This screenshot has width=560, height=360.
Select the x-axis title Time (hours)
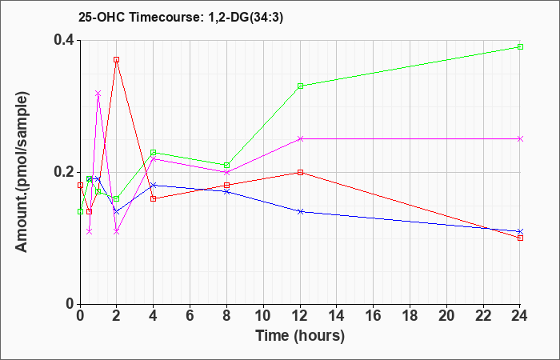pyautogui.click(x=300, y=336)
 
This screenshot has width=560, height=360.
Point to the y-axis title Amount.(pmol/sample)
pyautogui.click(x=22, y=172)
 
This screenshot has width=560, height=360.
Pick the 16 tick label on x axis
pyautogui.click(x=374, y=316)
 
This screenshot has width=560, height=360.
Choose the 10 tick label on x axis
pyautogui.click(x=263, y=316)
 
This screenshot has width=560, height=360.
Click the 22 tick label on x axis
pyautogui.click(x=483, y=316)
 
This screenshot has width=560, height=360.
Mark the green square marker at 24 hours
pyautogui.click(x=520, y=46)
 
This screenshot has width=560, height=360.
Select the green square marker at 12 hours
pyautogui.click(x=300, y=86)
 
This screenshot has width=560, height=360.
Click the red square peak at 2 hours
pyautogui.click(x=117, y=60)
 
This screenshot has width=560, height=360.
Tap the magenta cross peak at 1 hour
pyautogui.click(x=98, y=94)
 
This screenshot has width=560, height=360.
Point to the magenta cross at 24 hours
pyautogui.click(x=520, y=139)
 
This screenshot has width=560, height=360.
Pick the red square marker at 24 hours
pyautogui.click(x=520, y=238)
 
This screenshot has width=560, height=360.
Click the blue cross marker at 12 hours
pyautogui.click(x=300, y=211)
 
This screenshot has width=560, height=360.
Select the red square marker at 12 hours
pyautogui.click(x=300, y=172)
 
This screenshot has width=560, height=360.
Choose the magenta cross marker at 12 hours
pyautogui.click(x=300, y=139)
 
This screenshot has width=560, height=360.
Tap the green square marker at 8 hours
pyautogui.click(x=226, y=166)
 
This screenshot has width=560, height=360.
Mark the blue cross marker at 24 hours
pyautogui.click(x=520, y=231)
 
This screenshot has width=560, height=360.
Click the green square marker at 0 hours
pyautogui.click(x=80, y=211)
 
